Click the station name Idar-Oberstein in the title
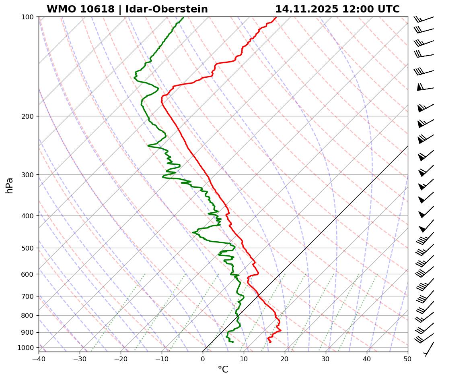click(x=167, y=9)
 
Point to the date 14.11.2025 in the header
click(x=306, y=9)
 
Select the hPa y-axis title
click(x=10, y=185)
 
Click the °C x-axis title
click(x=223, y=369)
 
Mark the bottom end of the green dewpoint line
click(x=233, y=342)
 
